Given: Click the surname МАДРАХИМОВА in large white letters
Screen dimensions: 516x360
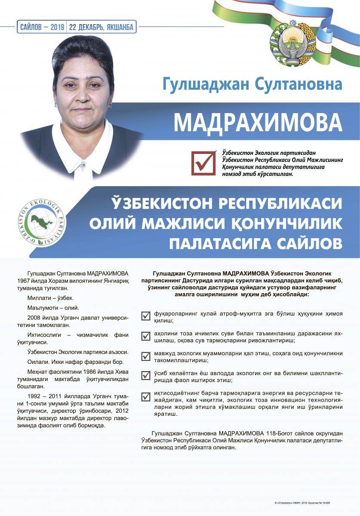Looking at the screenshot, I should pos(258,122).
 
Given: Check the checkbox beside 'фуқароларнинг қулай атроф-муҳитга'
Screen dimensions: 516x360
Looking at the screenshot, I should pos(146,316).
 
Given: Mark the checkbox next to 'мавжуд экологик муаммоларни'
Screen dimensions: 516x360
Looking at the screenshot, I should pos(146,356).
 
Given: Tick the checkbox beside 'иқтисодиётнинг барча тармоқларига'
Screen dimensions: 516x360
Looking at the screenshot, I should pos(146,396).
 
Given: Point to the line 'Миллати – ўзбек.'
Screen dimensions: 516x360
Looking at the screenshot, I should pos(50,298).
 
